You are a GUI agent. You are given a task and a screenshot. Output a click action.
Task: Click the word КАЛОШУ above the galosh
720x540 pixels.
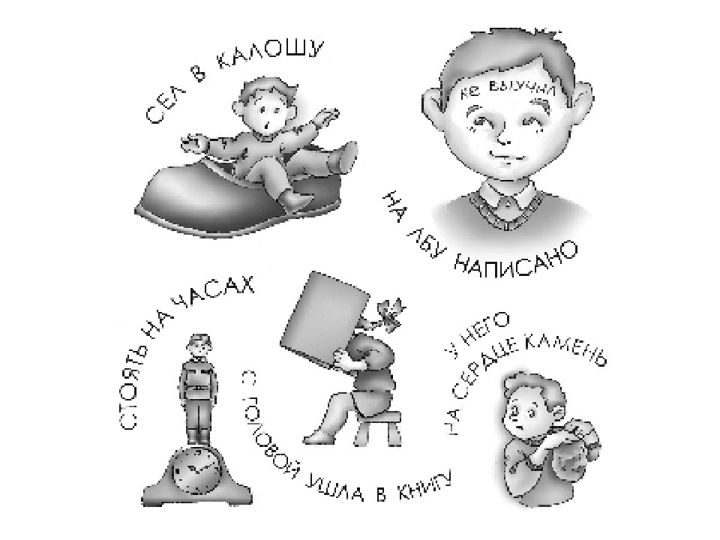pyautogui.click(x=270, y=53)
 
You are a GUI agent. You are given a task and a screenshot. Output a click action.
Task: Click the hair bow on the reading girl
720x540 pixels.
pyautogui.click(x=388, y=315)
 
